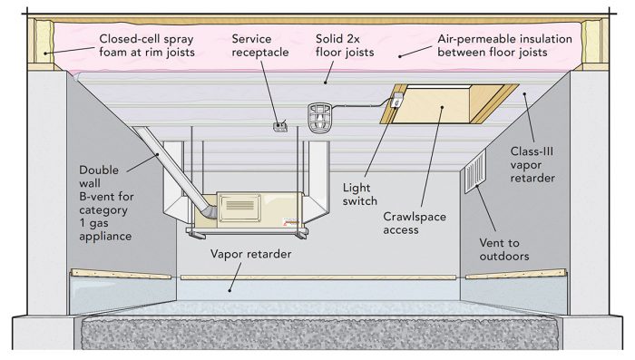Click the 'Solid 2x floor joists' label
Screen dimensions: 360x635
pyautogui.click(x=347, y=47)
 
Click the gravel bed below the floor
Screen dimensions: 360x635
pyautogui.click(x=317, y=333)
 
